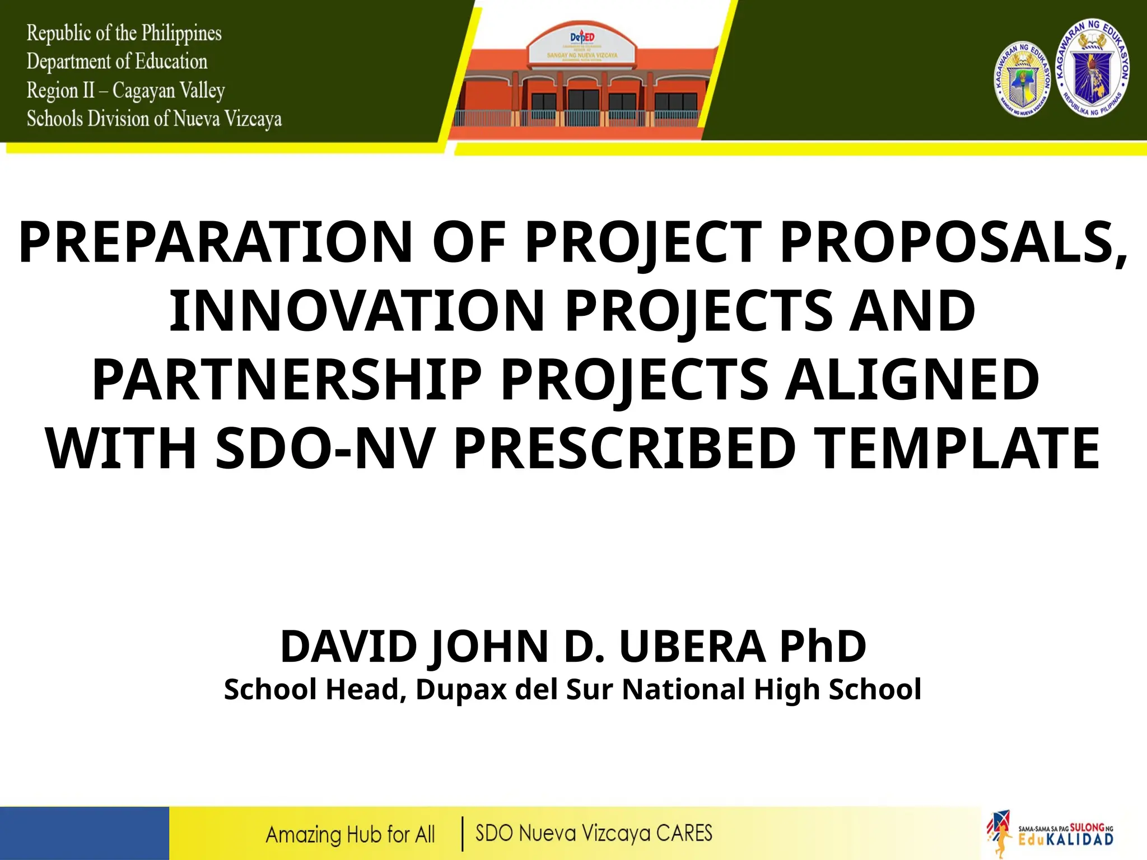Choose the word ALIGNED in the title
click(911, 380)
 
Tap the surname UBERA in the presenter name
click(692, 646)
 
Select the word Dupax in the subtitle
click(461, 689)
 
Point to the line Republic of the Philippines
click(124, 33)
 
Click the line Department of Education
click(116, 62)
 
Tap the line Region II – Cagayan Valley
click(125, 90)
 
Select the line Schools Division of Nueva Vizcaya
click(154, 119)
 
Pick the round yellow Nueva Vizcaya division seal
click(1023, 80)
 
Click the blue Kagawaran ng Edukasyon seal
click(1092, 68)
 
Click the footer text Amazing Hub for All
click(350, 835)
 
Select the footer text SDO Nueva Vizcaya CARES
click(594, 833)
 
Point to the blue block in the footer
click(84, 833)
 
